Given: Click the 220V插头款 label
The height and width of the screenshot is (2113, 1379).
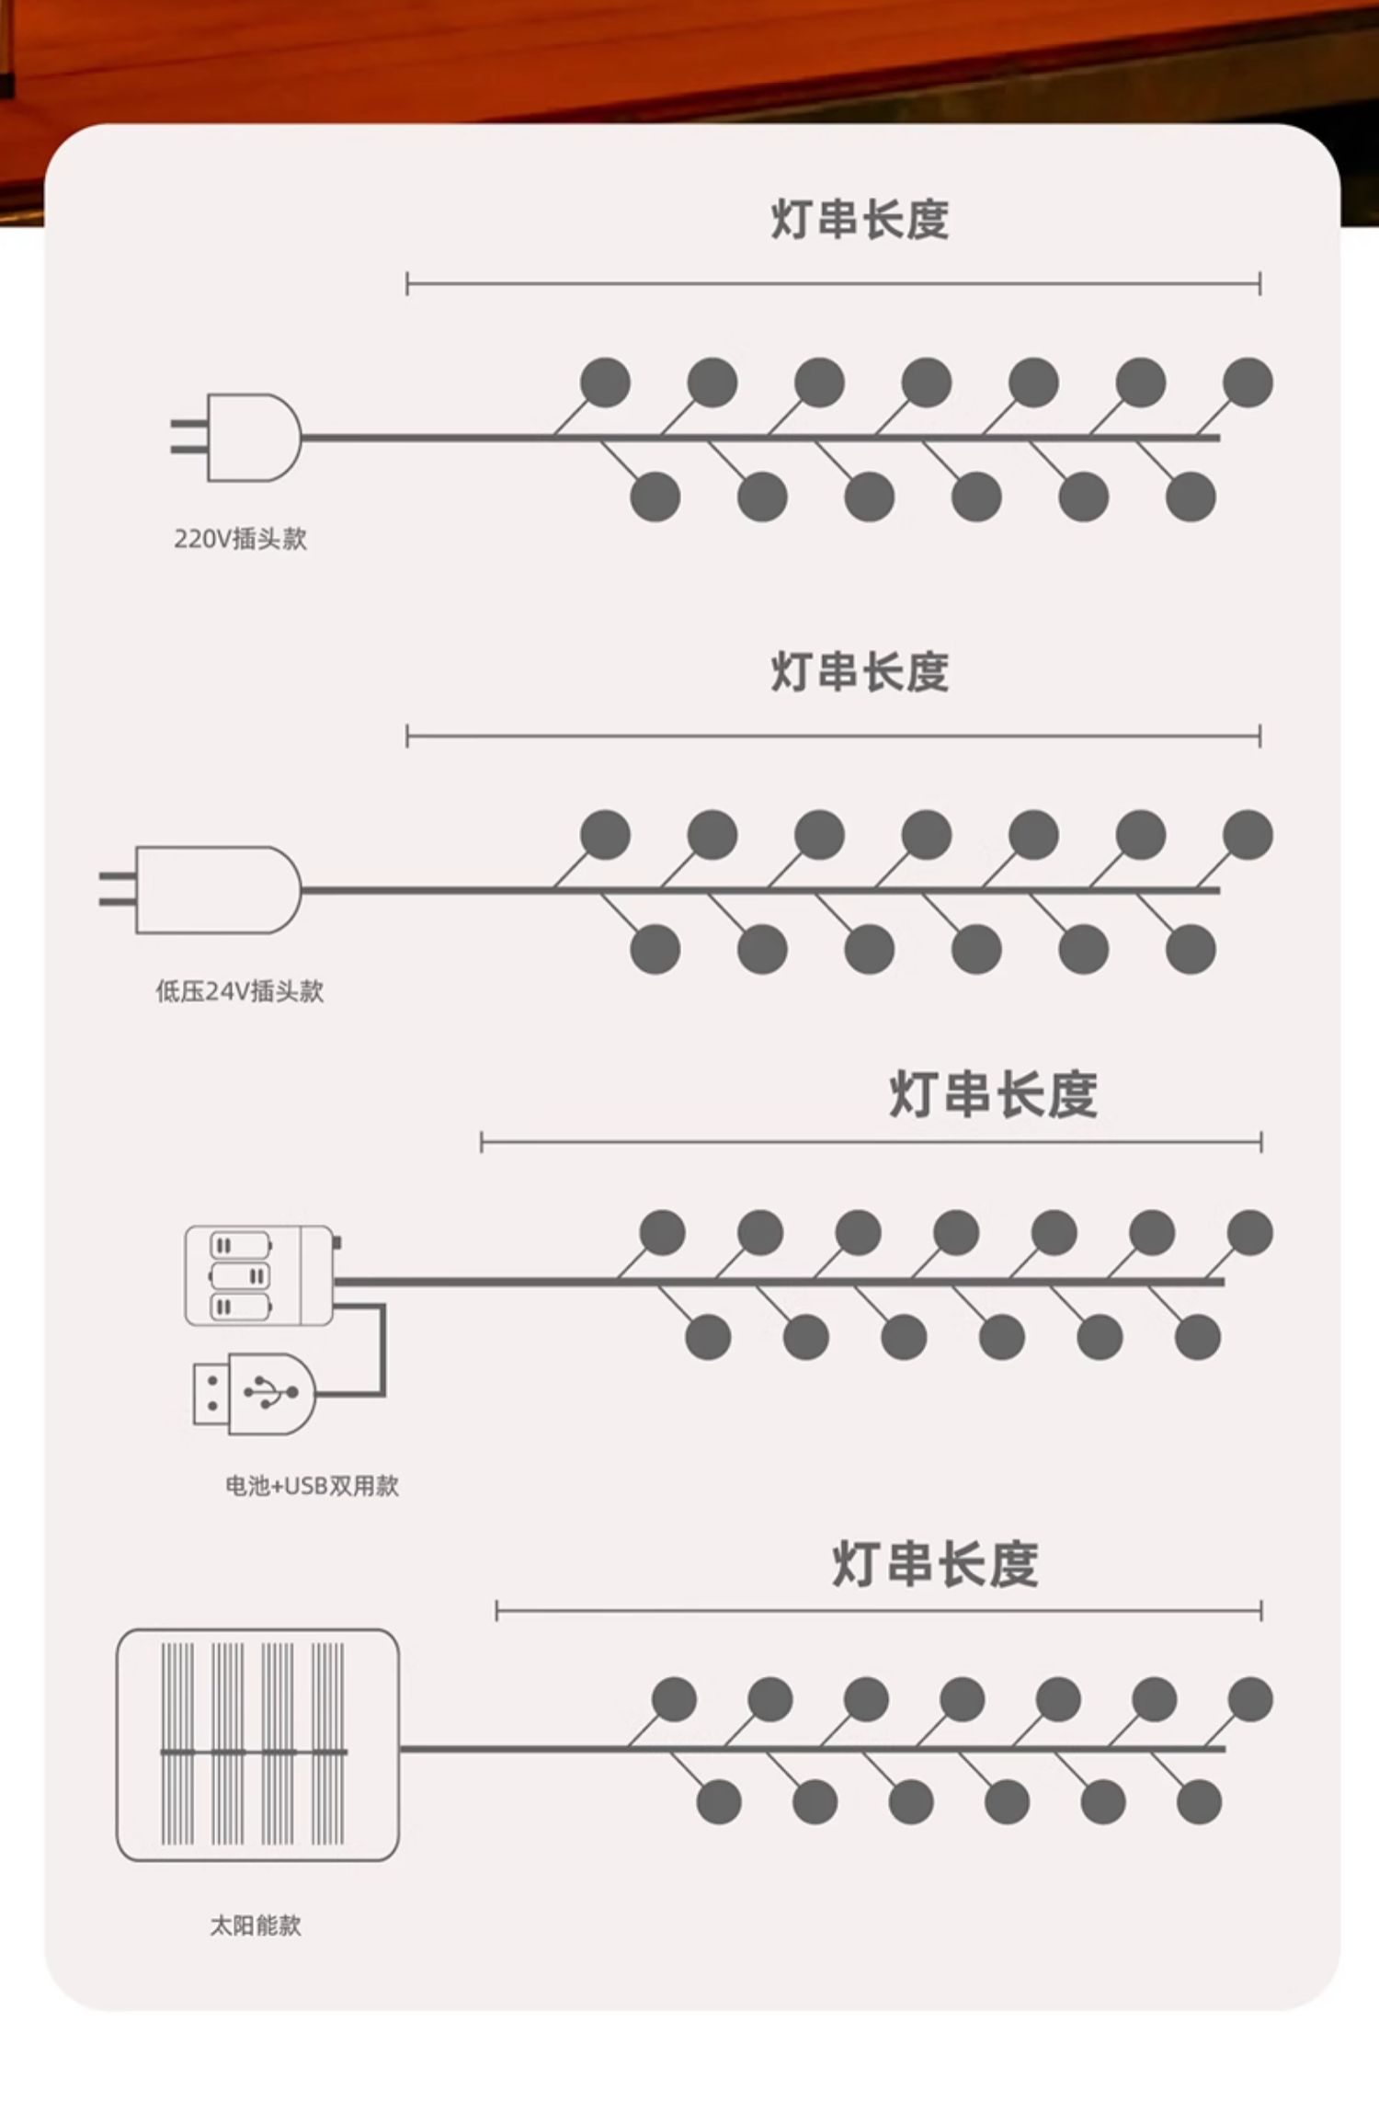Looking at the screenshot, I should tap(240, 539).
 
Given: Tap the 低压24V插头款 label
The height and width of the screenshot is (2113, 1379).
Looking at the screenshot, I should tap(239, 991).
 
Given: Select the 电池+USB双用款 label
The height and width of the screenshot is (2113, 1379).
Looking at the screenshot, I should tap(312, 1486).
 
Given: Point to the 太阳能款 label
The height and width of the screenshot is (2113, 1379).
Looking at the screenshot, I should tap(256, 1925).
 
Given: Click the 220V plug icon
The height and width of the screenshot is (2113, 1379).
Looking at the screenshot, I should tap(248, 438).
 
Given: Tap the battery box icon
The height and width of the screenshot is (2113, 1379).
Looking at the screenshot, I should tap(259, 1275).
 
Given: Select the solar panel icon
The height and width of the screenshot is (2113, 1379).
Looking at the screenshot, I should tap(257, 1744).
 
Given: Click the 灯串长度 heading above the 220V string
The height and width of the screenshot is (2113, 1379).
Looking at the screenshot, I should tap(860, 220).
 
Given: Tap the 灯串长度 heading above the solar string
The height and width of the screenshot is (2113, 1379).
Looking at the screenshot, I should tap(935, 1564).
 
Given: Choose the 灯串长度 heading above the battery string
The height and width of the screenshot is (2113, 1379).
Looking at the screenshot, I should tap(993, 1094).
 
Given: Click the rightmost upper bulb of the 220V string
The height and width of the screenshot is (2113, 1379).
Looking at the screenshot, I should tap(1248, 383).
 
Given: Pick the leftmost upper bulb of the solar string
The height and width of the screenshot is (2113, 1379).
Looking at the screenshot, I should tap(674, 1699).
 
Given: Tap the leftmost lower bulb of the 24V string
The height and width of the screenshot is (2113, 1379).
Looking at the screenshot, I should tap(655, 949).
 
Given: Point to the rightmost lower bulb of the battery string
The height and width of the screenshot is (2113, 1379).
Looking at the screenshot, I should tap(1197, 1337).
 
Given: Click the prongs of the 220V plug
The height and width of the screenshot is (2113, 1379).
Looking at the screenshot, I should tap(188, 437).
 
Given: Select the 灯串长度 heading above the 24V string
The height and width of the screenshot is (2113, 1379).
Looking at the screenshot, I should tap(860, 672).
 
